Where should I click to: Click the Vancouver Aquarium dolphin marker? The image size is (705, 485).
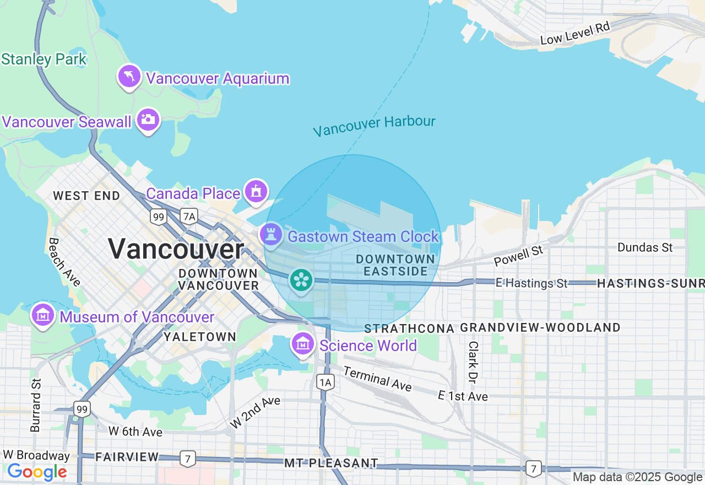click(129, 77)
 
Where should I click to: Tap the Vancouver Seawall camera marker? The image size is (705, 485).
click(148, 119)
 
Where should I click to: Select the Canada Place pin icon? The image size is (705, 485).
click(256, 191)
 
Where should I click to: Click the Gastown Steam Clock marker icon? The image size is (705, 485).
click(271, 234)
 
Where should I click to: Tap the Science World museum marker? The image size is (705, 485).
click(302, 344)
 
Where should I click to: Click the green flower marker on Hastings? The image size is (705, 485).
click(301, 281)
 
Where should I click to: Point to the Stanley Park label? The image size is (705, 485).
click(44, 60)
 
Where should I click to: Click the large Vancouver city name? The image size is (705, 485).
click(176, 249)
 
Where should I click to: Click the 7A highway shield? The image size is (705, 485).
click(189, 217)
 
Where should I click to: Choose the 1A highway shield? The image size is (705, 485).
click(326, 382)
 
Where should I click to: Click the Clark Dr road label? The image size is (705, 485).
click(473, 362)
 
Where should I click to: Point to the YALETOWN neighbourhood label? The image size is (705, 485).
click(200, 337)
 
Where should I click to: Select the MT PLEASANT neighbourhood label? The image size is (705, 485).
click(331, 463)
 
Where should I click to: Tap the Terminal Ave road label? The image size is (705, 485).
click(377, 379)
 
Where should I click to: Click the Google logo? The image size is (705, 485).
click(37, 472)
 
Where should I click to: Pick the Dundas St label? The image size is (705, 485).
click(645, 247)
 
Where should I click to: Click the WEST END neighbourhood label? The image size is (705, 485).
click(86, 196)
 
